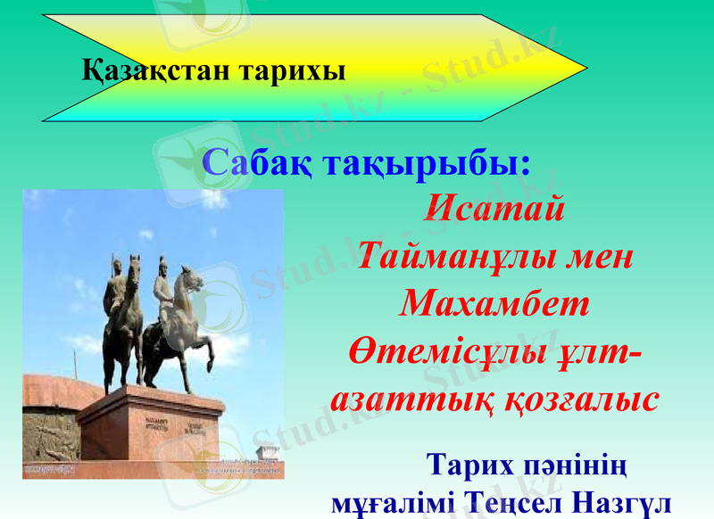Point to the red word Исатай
click(494, 211)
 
